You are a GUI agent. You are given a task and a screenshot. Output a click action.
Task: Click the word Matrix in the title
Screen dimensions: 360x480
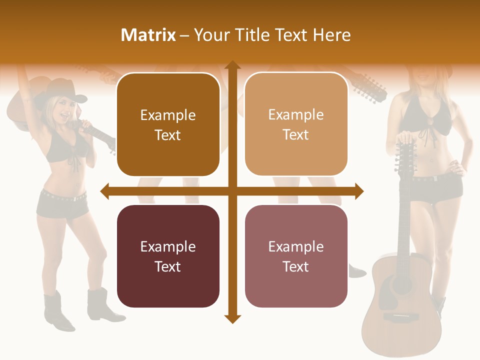coord(148,35)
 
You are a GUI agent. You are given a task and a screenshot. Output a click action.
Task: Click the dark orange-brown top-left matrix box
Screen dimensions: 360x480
coord(168,124)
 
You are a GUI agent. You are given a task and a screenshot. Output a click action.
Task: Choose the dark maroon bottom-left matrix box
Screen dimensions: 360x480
coord(168,256)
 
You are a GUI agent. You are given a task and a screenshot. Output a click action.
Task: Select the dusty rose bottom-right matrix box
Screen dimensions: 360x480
coord(296,256)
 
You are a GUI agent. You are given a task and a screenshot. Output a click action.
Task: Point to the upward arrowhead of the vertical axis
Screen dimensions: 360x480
coord(232,65)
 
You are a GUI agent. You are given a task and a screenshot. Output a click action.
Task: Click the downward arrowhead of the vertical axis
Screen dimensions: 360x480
coord(232,318)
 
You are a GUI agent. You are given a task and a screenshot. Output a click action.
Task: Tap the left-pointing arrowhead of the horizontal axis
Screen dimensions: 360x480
coord(105,191)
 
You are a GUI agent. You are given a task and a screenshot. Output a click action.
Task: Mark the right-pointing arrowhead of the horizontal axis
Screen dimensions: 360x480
coord(358,191)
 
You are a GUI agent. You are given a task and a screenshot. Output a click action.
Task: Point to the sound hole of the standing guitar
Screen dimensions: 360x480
coord(402,285)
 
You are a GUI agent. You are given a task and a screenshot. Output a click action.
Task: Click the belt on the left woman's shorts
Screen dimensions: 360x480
coord(62,196)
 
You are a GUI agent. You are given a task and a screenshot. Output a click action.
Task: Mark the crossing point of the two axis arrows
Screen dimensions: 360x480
coord(232,191)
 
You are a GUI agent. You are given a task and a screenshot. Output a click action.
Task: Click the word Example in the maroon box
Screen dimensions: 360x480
coord(168,246)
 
